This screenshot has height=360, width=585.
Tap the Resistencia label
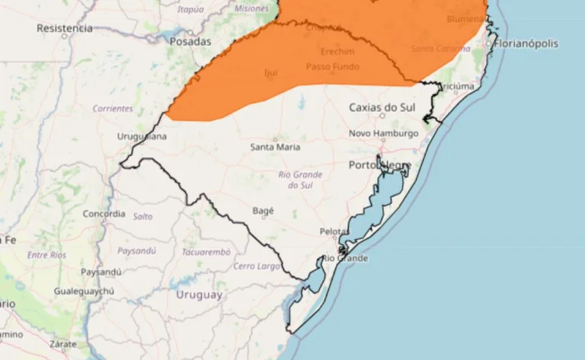tap(65, 28)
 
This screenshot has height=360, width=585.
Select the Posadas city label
tap(190, 42)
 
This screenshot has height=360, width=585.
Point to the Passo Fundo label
tap(333, 67)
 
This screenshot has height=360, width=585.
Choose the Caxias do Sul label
tap(382, 107)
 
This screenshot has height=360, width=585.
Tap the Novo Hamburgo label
tap(384, 133)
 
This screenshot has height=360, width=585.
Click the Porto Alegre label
tap(380, 165)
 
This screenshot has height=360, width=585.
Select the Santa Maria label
tap(275, 147)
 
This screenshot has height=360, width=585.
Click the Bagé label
tap(262, 211)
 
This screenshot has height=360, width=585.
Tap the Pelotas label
tap(333, 231)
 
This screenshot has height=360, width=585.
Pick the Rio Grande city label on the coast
tap(345, 259)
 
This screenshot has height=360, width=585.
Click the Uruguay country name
tap(200, 295)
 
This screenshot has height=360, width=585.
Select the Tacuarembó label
tap(206, 251)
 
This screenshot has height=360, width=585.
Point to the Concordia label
tap(104, 214)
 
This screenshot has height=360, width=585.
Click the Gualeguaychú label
tap(84, 292)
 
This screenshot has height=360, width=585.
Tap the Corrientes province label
tap(113, 109)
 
